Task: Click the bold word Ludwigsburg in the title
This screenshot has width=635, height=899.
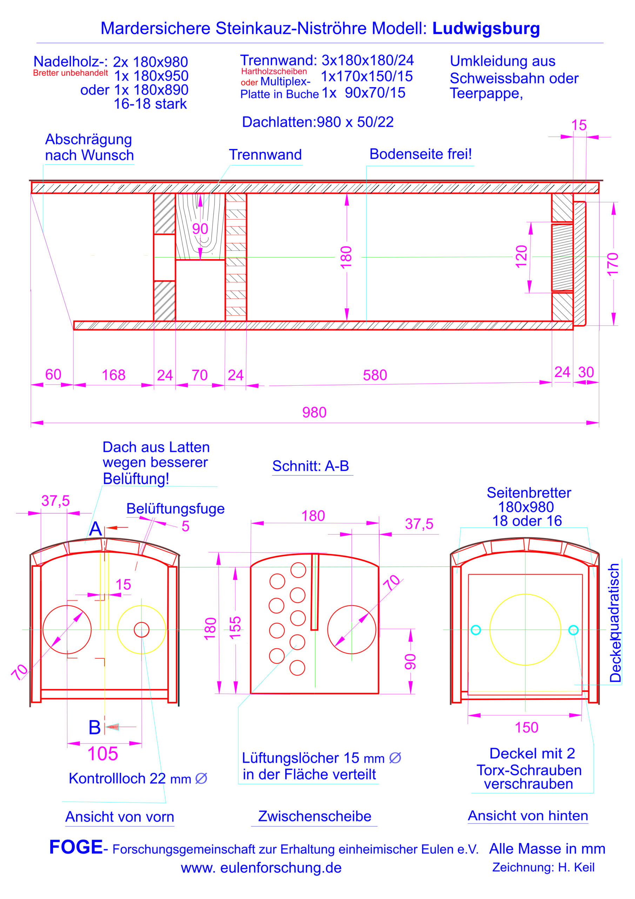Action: [486, 28]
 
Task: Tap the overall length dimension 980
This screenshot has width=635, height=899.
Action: [314, 412]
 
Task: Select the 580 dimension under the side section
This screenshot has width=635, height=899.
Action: [375, 375]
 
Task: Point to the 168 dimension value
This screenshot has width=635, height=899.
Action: [113, 375]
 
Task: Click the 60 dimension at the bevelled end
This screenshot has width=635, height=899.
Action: [53, 374]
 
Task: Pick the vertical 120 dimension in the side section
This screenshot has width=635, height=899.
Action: [522, 256]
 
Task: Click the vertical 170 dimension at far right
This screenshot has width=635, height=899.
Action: [613, 264]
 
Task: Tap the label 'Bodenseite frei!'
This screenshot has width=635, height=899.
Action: [421, 154]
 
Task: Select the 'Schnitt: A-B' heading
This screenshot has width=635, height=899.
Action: [310, 466]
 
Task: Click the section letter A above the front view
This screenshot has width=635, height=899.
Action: [95, 529]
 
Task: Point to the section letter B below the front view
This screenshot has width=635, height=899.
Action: [95, 727]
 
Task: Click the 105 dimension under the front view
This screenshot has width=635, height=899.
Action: [102, 753]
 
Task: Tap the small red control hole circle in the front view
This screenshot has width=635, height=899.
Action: [142, 630]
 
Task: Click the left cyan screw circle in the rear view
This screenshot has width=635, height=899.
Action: [476, 630]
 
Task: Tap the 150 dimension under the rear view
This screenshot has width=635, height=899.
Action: [527, 727]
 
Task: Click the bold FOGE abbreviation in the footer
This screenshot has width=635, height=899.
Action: [76, 847]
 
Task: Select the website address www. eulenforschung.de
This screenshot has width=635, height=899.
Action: [261, 867]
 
